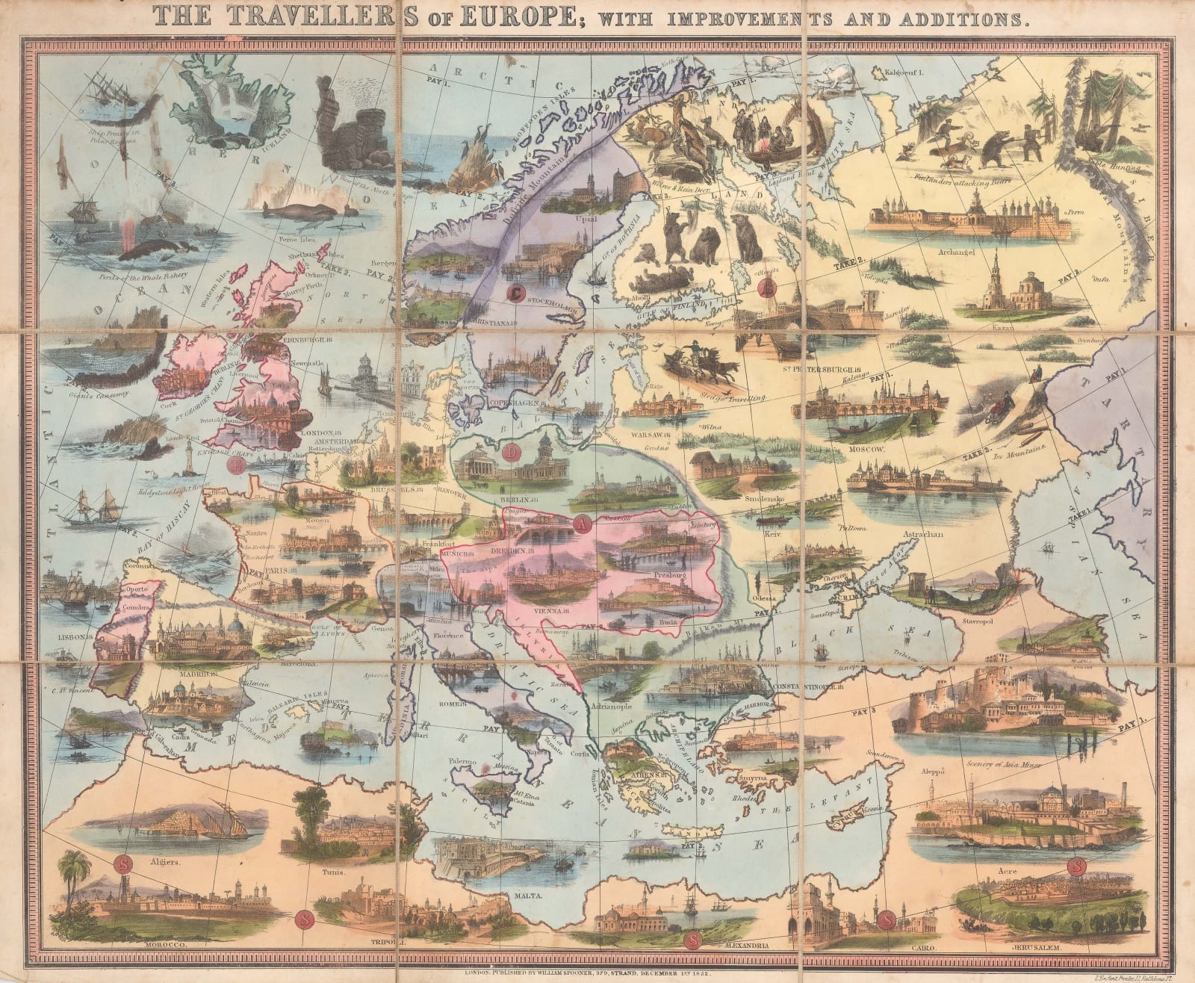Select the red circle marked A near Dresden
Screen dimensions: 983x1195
pyautogui.click(x=582, y=524)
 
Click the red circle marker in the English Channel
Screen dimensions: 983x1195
pyautogui.click(x=236, y=465)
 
